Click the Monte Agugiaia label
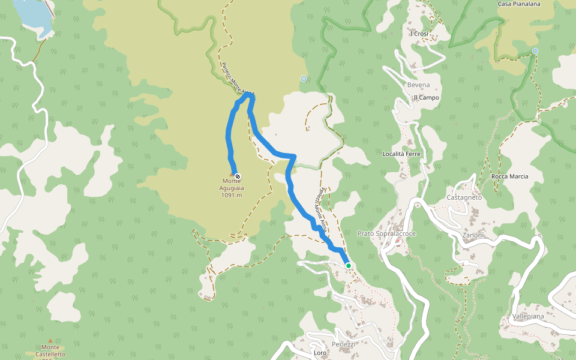[x=231, y=187]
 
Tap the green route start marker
[x=348, y=265]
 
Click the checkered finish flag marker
[x=238, y=176]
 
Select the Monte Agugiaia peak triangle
[x=232, y=175]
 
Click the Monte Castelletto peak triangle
[x=50, y=340]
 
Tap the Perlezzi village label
[x=343, y=344]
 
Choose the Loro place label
[x=320, y=353]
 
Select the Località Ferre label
[x=401, y=154]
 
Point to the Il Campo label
[x=426, y=97]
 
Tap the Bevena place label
[x=419, y=85]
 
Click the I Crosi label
[x=421, y=34]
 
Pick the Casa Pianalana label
[x=519, y=4]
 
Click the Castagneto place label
[x=464, y=197]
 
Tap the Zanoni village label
[x=473, y=235]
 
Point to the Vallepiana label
[x=528, y=316]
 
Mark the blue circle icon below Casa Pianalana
[x=535, y=51]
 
